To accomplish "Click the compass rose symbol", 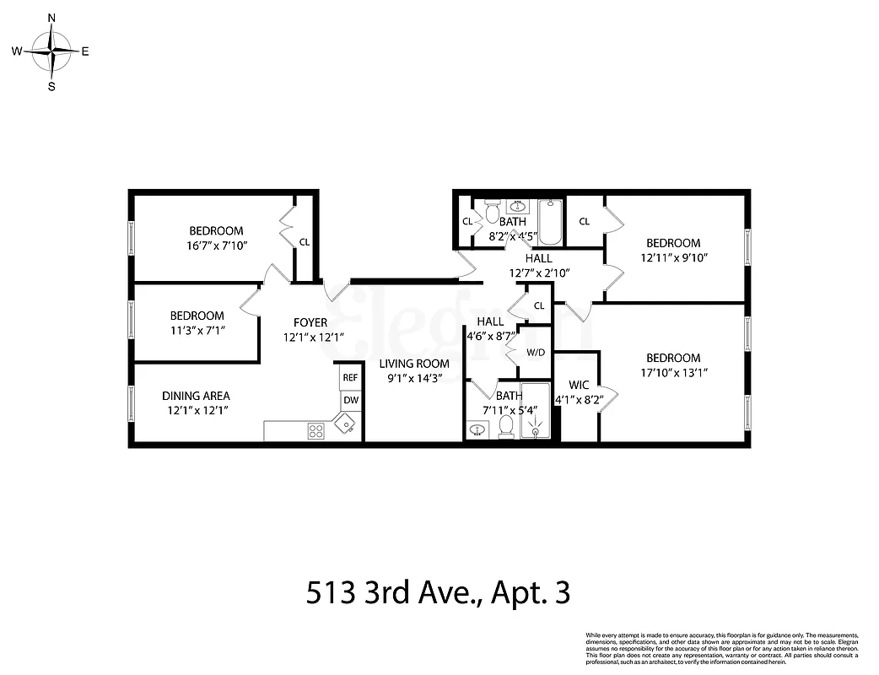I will point(52,51).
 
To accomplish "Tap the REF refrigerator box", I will point(350,377).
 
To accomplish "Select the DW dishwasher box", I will point(350,401).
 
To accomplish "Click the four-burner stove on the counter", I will point(316,430).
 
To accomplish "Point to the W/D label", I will point(536,352).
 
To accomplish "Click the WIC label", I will point(579,385).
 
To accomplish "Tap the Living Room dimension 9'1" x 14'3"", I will point(413,378).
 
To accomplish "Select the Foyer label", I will point(310,322).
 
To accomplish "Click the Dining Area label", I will point(196,396).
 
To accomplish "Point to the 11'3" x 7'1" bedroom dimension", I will point(196,330).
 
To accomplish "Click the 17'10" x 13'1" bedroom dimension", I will point(673,372).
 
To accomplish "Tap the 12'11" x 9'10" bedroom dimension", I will point(673,257).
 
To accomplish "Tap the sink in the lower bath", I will point(477,430).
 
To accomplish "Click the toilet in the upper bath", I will point(492,213).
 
